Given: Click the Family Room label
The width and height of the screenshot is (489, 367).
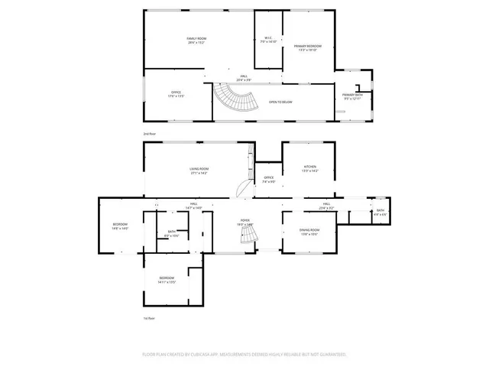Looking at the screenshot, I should coord(197,39).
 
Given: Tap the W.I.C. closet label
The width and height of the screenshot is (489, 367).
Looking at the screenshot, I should coord(269,39).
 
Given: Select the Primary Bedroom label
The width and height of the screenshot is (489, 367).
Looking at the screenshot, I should coord(308,47).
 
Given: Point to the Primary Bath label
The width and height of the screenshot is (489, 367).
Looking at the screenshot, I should coord(353,96).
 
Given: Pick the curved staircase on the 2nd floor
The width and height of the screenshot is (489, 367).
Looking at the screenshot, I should coord(235,99).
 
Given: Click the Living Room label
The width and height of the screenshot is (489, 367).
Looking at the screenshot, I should coord(199,170).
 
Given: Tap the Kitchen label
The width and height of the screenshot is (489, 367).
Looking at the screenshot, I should coord(309,168).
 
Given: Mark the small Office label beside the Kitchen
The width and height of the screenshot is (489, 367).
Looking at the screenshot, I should coord(268,180).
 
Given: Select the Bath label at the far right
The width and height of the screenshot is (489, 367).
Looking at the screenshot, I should coord(380,212).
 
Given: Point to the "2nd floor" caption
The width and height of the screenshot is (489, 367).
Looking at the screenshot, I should coord(150,134).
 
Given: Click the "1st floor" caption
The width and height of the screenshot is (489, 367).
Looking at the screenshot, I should coord(150,317).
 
